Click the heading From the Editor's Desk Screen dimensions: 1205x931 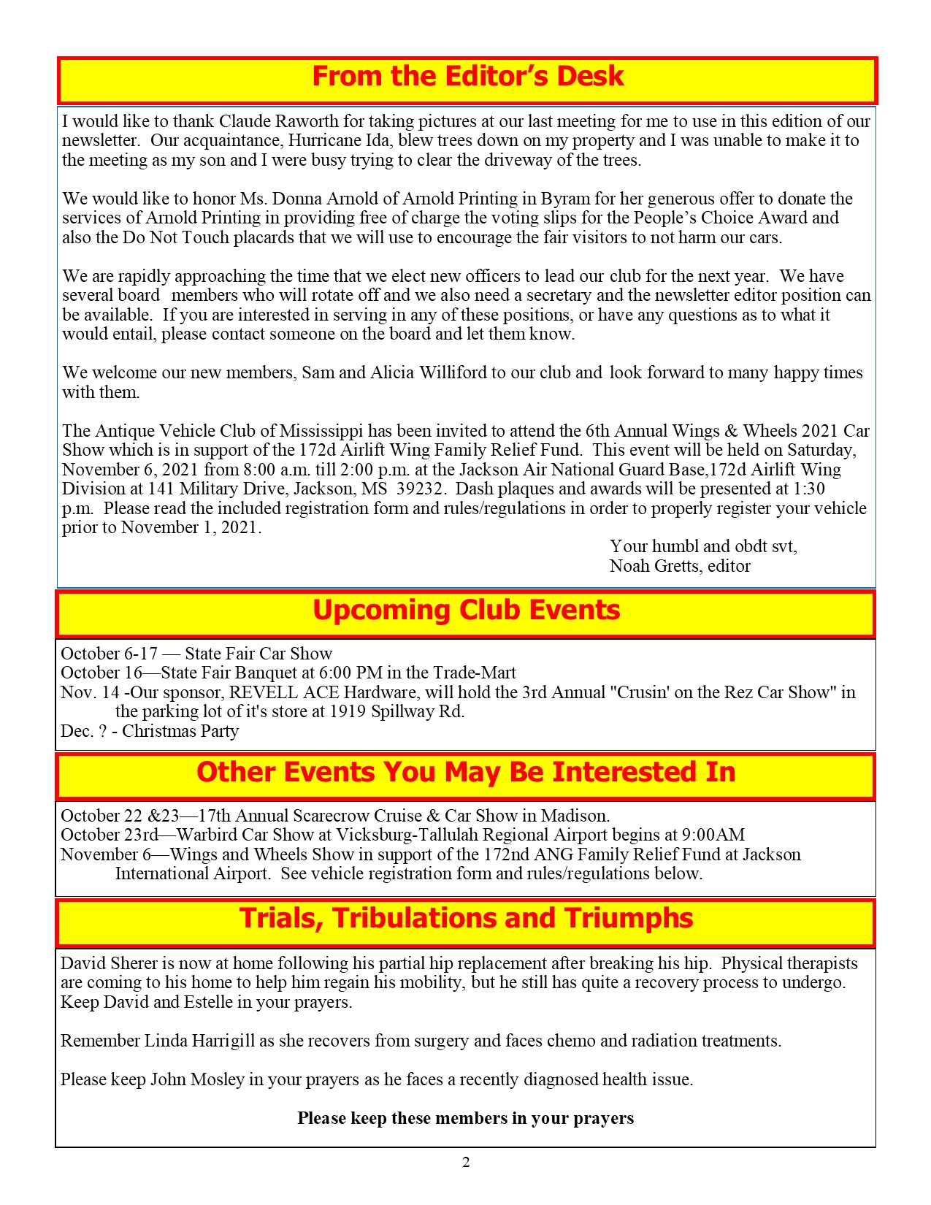pyautogui.click(x=467, y=77)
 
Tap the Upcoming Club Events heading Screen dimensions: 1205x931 pyautogui.click(x=466, y=611)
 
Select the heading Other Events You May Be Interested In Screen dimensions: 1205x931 pyautogui.click(x=466, y=773)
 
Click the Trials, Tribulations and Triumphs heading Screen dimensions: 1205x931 pyautogui.click(x=466, y=919)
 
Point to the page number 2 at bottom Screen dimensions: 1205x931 pyautogui.click(x=466, y=1163)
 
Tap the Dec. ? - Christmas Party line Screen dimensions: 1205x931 pyautogui.click(x=150, y=731)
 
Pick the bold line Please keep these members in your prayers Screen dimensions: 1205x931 pyautogui.click(x=465, y=1118)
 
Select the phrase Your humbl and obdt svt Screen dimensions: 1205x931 pyautogui.click(x=703, y=546)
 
